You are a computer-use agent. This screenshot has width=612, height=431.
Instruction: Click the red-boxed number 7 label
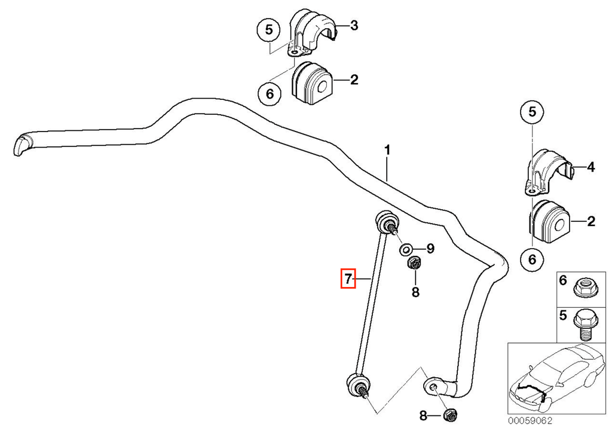coord(348,279)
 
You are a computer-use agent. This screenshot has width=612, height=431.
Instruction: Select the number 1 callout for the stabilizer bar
coord(387,150)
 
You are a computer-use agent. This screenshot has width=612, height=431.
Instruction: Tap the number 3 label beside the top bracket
coord(354,26)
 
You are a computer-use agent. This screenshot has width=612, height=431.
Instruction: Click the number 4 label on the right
coord(591,167)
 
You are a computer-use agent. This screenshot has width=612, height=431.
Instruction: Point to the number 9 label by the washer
coord(430,248)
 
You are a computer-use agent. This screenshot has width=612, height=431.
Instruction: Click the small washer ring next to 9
coord(406,249)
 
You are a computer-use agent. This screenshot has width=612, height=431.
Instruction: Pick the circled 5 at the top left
coord(269,30)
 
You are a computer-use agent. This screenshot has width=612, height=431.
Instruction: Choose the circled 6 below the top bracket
coord(270,94)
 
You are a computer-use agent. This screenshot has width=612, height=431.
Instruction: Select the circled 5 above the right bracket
coord(533,112)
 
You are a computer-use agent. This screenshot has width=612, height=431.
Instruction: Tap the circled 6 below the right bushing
coord(533,259)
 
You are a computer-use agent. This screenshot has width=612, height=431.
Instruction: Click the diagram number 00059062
coord(530,420)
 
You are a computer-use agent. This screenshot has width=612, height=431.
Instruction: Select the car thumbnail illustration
coord(556,378)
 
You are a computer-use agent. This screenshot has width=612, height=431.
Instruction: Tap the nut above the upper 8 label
coord(414,263)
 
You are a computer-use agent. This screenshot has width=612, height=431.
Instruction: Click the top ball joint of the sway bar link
coord(387,223)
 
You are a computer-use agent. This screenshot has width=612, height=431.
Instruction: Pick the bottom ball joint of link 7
coord(359,385)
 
